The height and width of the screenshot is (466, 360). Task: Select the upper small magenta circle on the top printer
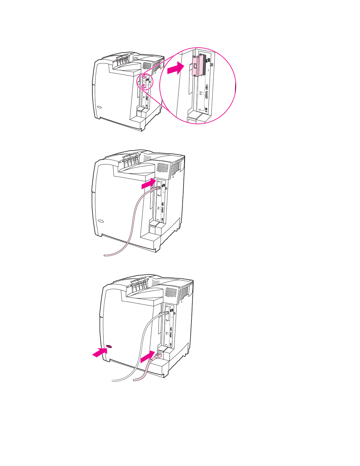(144, 77)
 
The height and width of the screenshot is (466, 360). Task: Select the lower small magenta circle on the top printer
(143, 86)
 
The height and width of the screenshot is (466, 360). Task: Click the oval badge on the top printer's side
(99, 107)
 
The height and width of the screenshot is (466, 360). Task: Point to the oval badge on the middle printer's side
(101, 221)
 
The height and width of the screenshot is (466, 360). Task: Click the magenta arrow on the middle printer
(149, 184)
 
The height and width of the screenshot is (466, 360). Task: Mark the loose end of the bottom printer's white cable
(113, 381)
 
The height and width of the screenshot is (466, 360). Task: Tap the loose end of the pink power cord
(135, 380)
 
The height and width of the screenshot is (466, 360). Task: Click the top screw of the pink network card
(194, 57)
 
